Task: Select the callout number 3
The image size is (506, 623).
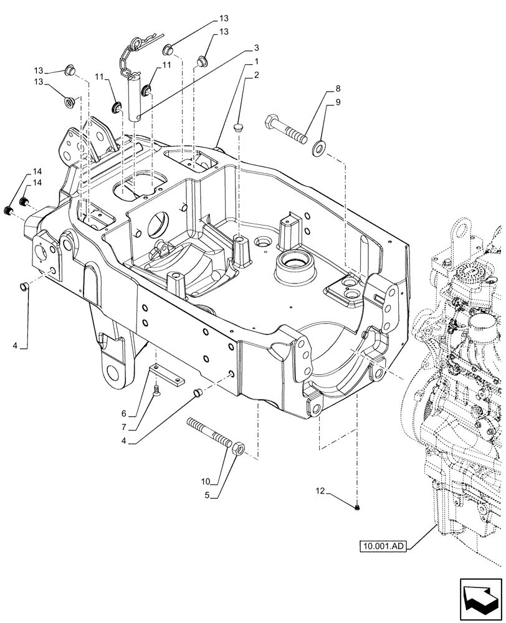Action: [x=256, y=48]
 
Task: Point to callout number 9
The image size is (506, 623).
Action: [x=337, y=102]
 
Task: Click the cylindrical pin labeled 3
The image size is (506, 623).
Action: [x=138, y=97]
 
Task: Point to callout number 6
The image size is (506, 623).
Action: [x=123, y=414]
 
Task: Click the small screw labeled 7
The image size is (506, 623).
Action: [x=156, y=389]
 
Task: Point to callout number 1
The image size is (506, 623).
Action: [x=256, y=63]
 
